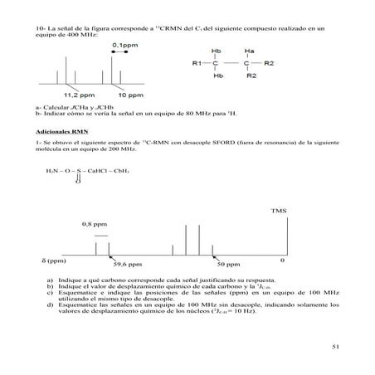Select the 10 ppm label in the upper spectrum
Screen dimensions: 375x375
pos(128,95)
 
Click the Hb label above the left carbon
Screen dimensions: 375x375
pos(217,51)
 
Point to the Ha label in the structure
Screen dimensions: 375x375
pos(249,51)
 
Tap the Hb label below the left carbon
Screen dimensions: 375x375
pos(217,75)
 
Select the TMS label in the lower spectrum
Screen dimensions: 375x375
pos(279,212)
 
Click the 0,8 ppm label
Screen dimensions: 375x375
pos(94,225)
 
